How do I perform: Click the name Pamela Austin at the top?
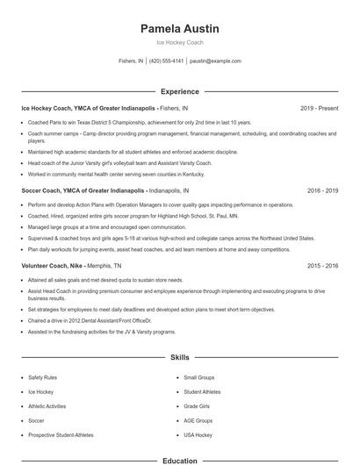(x=179, y=28)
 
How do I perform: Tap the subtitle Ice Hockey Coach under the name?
(x=179, y=41)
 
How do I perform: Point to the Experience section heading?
(x=179, y=91)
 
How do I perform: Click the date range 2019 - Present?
(x=319, y=108)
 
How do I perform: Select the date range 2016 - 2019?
(x=321, y=189)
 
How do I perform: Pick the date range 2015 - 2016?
(x=321, y=264)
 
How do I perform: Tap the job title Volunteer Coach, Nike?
(x=53, y=264)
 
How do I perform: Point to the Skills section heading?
(x=179, y=358)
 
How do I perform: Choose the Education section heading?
(x=179, y=460)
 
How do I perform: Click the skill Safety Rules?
(x=43, y=377)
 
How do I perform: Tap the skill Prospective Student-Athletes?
(x=61, y=435)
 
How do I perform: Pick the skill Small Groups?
(x=199, y=377)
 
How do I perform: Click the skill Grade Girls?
(x=197, y=406)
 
